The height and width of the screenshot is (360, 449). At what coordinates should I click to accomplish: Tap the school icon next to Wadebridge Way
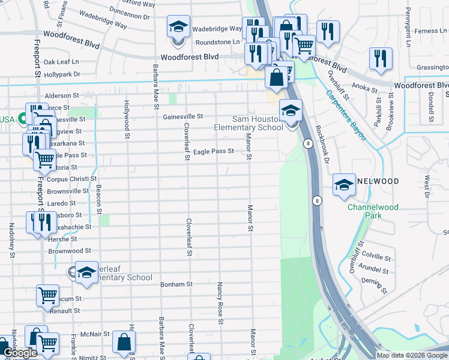click(178, 28)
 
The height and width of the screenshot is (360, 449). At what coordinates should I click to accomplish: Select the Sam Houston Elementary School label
click(249, 123)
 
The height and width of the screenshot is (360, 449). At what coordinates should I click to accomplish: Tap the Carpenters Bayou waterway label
click(345, 115)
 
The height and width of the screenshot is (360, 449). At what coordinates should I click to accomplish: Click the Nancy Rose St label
click(220, 304)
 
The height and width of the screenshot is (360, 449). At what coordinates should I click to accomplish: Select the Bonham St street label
click(176, 284)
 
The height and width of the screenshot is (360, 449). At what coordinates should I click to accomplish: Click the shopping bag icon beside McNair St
click(124, 343)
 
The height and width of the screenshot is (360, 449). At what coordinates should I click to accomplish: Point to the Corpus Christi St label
click(71, 179)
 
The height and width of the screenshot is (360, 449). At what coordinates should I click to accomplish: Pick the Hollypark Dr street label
click(62, 74)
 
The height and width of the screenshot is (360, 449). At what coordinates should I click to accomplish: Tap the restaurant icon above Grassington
click(381, 59)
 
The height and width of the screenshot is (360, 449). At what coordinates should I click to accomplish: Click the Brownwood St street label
click(70, 251)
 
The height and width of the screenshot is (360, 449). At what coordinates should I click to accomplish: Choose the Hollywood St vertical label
click(127, 119)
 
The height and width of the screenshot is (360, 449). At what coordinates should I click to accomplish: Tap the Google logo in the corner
click(20, 353)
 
